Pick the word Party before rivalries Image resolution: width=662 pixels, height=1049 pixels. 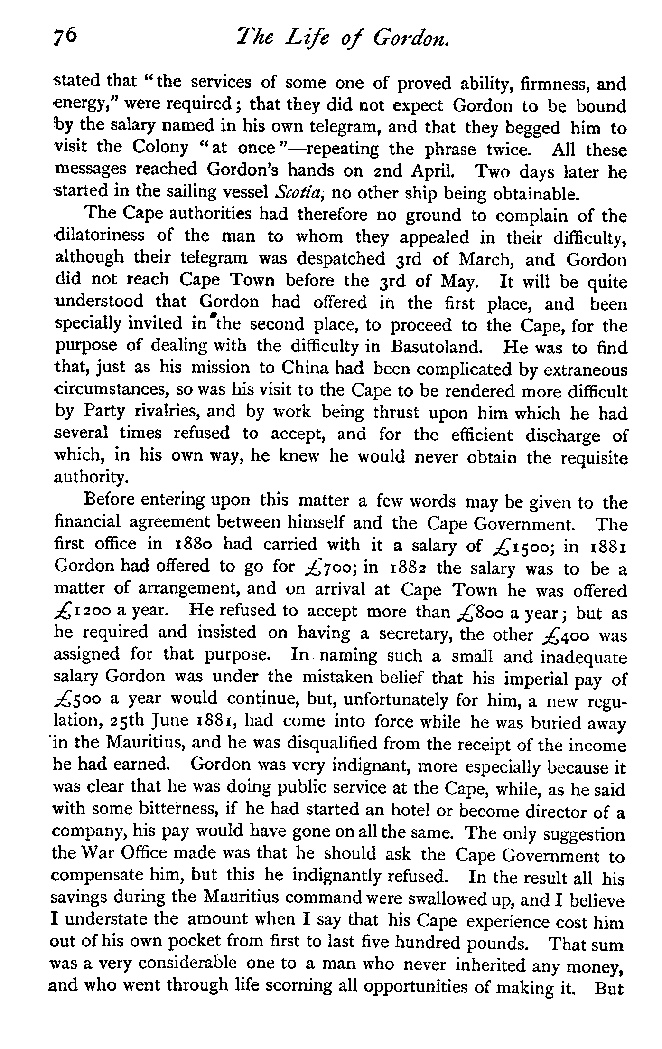point(104,411)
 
